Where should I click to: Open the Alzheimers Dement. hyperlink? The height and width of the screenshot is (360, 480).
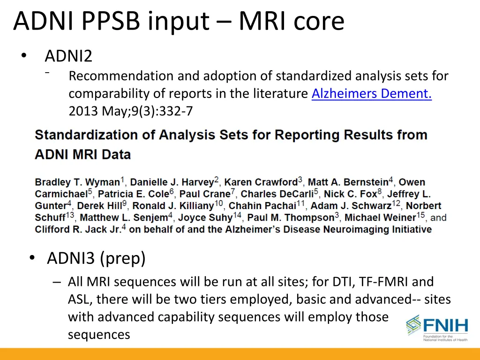click(371, 94)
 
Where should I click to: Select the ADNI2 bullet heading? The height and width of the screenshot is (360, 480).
click(68, 56)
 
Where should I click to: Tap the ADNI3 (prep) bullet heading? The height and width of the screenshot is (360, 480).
click(96, 258)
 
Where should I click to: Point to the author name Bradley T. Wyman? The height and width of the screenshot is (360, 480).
click(77, 182)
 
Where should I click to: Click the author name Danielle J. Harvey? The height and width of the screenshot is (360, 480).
click(172, 182)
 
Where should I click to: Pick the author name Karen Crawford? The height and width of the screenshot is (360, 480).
click(261, 182)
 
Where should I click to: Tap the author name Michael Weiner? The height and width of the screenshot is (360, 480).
click(380, 217)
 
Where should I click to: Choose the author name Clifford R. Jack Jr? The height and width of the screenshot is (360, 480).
click(78, 230)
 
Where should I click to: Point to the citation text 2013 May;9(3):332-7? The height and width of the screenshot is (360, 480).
click(130, 112)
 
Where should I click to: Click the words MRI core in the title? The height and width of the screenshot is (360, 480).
click(291, 21)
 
